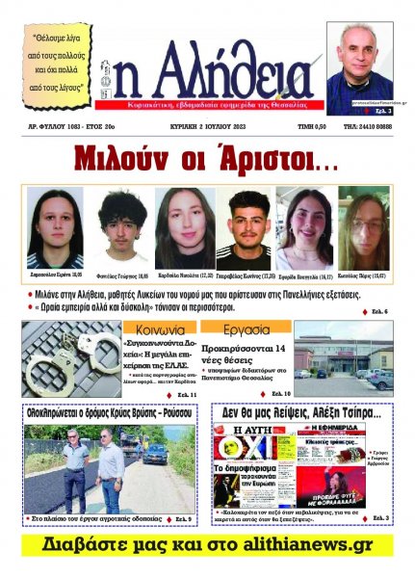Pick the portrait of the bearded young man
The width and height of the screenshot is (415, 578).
[241, 226]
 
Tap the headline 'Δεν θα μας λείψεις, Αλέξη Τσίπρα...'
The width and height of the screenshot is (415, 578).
[301, 412]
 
